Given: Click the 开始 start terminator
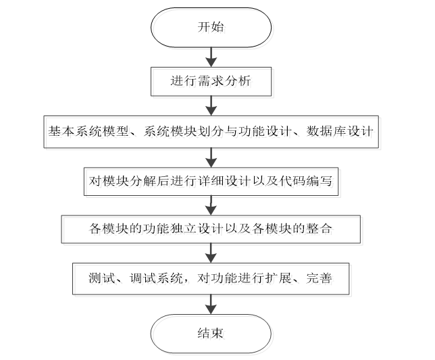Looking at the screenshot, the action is point(211,28).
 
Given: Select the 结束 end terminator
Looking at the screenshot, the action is point(211,333).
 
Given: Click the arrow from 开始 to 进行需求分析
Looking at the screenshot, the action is point(211,56).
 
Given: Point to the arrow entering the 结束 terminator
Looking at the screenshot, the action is point(211,305).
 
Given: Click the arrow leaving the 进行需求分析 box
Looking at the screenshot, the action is point(211,105).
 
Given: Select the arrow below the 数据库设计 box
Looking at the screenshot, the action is point(211,155).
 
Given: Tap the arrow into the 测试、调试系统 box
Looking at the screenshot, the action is point(211,253).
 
